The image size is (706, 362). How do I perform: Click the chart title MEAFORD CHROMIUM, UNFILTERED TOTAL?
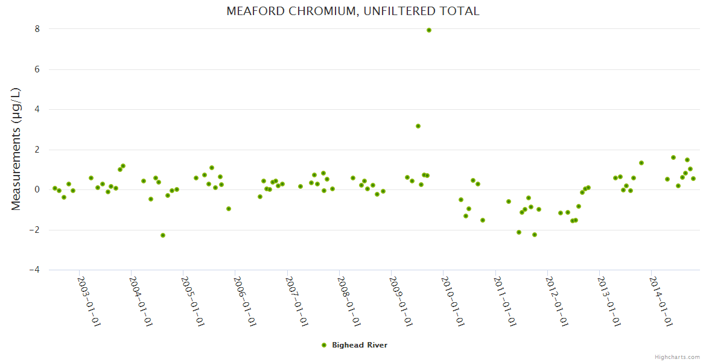pyautogui.click(x=353, y=11)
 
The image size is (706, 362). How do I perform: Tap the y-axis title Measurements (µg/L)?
pyautogui.click(x=16, y=149)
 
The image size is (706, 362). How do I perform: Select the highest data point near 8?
pyautogui.click(x=429, y=30)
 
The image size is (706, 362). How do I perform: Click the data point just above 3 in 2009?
pyautogui.click(x=418, y=126)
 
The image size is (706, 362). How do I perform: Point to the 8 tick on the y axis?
pyautogui.click(x=37, y=29)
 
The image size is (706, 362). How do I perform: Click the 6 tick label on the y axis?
pyautogui.click(x=37, y=69)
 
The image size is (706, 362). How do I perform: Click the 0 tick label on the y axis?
pyautogui.click(x=37, y=189)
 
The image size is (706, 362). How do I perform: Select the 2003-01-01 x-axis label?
pyautogui.click(x=89, y=302)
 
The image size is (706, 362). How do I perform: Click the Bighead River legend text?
pyautogui.click(x=360, y=345)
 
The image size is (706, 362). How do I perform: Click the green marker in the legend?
pyautogui.click(x=324, y=345)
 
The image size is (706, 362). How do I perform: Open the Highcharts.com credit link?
pyautogui.click(x=677, y=357)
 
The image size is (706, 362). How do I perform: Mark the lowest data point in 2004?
pyautogui.click(x=163, y=235)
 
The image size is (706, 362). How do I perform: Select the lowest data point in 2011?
pyautogui.click(x=535, y=235)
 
